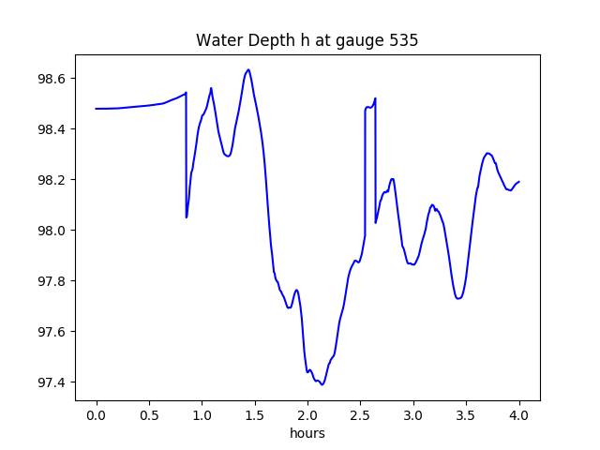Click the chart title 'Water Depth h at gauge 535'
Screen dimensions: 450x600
coord(307,40)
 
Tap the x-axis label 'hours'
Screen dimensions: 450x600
coord(307,434)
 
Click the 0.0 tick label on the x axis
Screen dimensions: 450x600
coord(97,414)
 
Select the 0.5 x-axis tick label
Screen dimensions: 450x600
coord(149,414)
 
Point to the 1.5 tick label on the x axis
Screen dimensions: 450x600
coord(255,414)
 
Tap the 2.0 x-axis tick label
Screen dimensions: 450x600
coord(307,414)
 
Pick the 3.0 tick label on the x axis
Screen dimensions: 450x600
coord(413,414)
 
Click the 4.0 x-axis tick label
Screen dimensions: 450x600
coord(519,414)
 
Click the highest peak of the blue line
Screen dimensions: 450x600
coord(247,69)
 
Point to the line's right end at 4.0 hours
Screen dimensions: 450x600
coord(519,182)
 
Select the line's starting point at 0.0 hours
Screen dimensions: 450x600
coord(97,109)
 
